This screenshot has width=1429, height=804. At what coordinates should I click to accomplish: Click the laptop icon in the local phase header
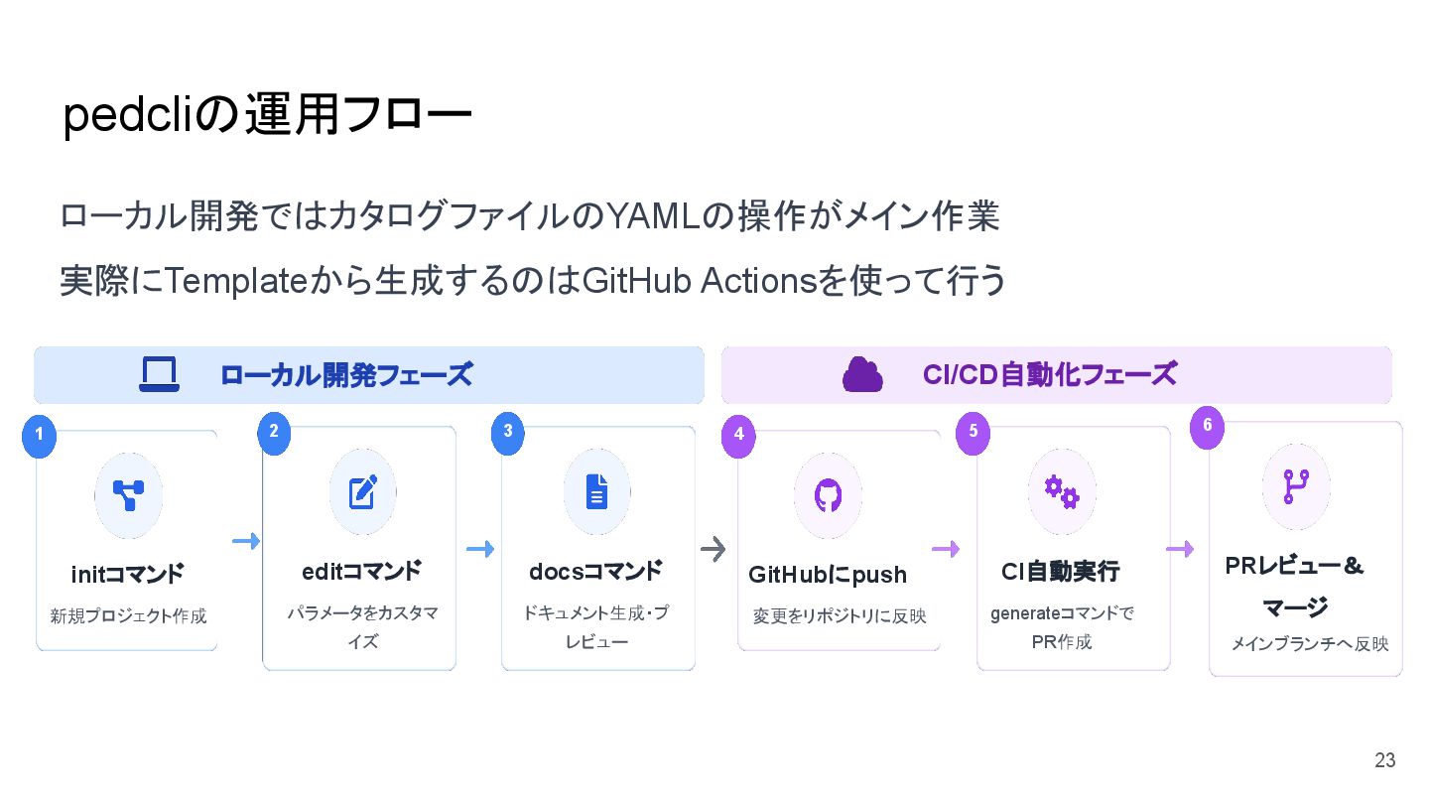click(159, 374)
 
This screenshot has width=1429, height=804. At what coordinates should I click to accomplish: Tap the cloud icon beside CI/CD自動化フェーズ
click(862, 374)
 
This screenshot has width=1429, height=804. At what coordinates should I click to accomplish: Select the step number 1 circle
click(39, 434)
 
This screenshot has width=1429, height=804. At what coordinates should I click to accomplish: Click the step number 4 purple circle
click(738, 434)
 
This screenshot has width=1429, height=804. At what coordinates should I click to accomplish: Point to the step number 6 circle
click(1207, 425)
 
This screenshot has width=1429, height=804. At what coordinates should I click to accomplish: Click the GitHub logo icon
click(828, 495)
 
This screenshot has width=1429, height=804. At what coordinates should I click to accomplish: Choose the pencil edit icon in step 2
click(362, 491)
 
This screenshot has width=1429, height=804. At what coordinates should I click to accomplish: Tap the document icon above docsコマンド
click(596, 491)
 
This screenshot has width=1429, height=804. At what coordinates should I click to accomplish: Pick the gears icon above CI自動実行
click(1061, 491)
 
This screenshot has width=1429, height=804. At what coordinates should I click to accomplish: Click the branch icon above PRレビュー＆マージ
click(1296, 487)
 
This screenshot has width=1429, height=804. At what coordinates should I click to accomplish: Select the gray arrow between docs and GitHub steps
click(714, 549)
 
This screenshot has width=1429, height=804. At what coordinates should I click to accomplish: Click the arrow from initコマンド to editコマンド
click(245, 541)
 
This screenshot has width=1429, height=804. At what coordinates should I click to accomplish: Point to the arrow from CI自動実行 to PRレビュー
click(1180, 549)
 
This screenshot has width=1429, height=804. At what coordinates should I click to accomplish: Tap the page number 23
click(1384, 760)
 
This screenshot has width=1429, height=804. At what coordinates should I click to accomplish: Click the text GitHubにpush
click(828, 576)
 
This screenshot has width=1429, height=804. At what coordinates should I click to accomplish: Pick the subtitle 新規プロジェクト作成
click(128, 616)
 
